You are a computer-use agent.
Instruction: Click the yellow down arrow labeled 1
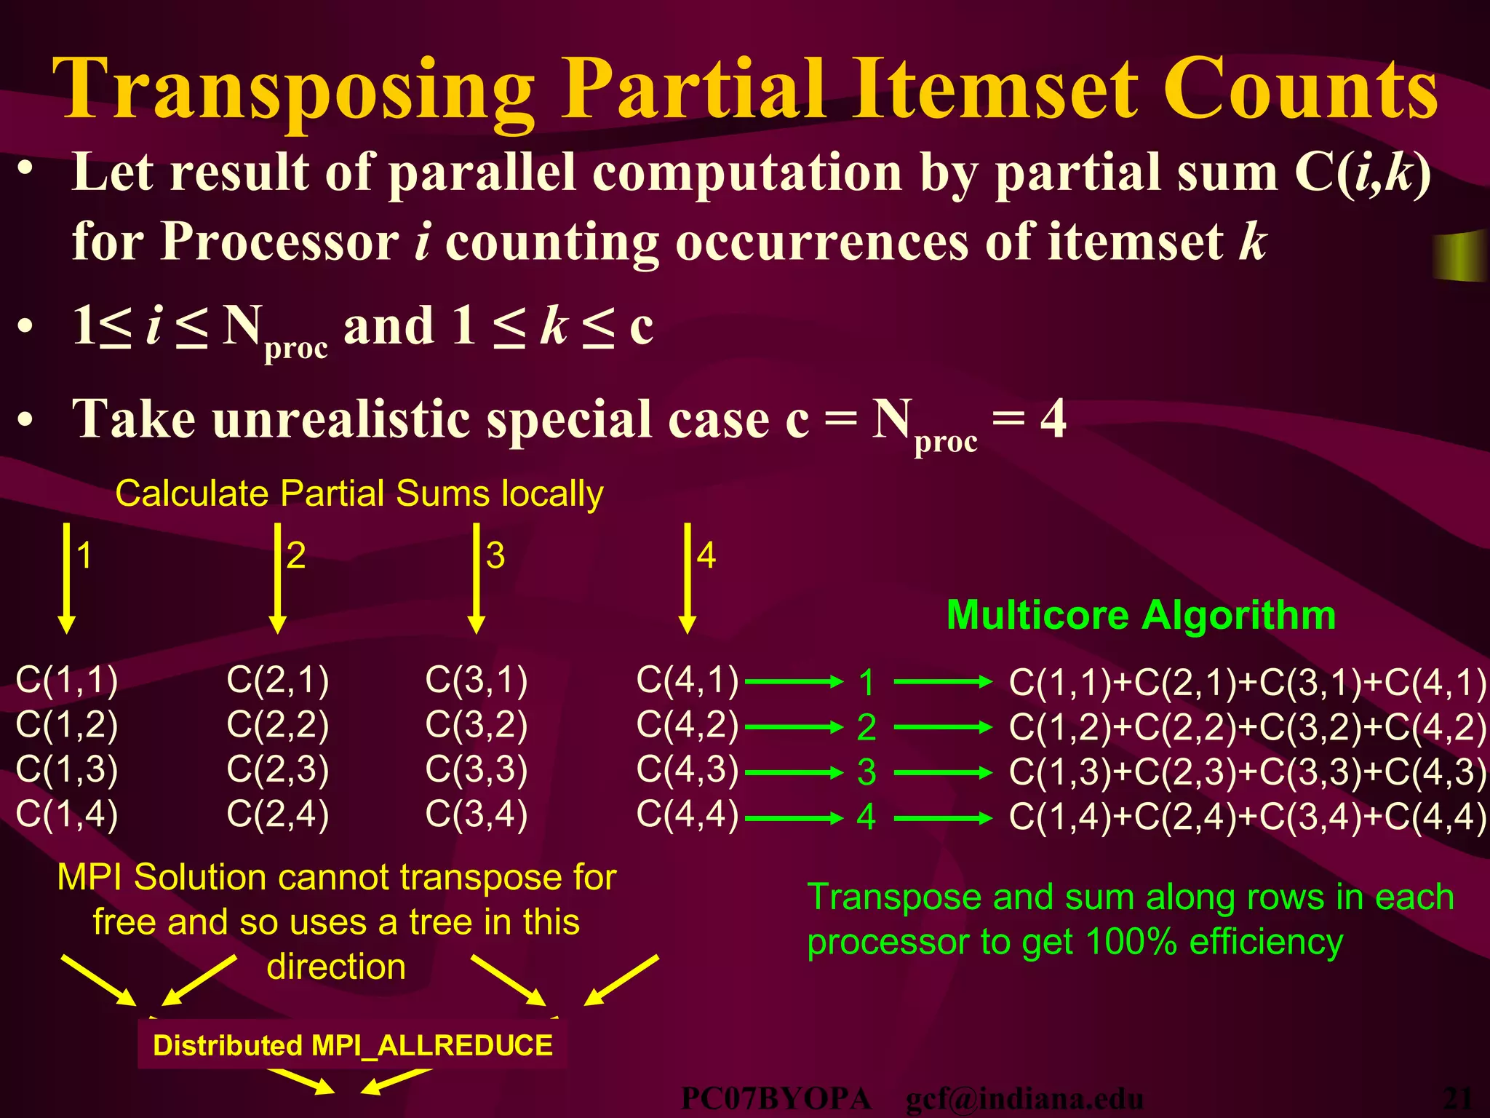tap(66, 579)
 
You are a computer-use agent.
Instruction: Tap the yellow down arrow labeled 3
tap(477, 579)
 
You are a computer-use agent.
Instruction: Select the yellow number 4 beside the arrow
tap(706, 556)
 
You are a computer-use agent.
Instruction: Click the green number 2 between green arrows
tap(866, 727)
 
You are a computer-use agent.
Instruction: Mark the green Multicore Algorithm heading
tap(1141, 615)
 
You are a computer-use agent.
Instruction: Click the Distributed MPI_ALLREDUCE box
tap(352, 1045)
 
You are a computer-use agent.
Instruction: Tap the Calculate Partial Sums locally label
tap(359, 493)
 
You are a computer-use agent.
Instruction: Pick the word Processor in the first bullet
tap(279, 241)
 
